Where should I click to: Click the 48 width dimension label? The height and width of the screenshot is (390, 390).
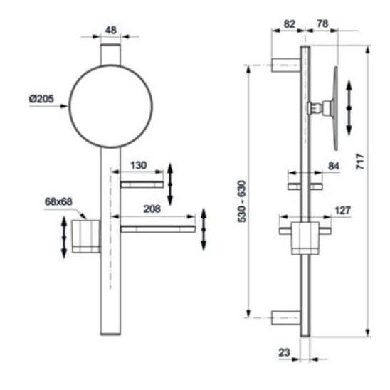[x=111, y=30]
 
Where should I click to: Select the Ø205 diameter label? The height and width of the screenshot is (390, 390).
[x=41, y=99]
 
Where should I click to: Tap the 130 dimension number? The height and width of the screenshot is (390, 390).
[x=138, y=165]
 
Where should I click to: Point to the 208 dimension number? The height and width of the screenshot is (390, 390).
[x=152, y=209]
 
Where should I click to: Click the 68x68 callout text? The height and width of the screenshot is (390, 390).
[x=58, y=201]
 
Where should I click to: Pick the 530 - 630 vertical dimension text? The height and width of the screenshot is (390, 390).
[x=242, y=201]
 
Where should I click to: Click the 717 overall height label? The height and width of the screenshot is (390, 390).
[x=360, y=162]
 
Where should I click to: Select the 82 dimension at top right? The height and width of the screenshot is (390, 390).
[x=290, y=24]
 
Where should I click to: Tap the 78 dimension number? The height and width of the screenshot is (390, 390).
[x=322, y=23]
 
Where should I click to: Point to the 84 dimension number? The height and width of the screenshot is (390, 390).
[x=334, y=166]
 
